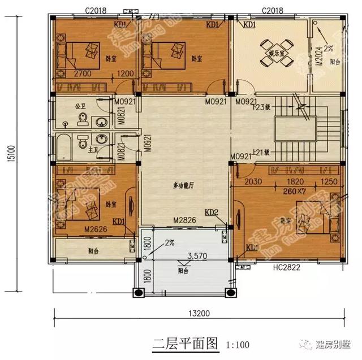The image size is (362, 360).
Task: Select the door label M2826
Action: click(x=183, y=220)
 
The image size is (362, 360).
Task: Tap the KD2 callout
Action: click(x=212, y=213)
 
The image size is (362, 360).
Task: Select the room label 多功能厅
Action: click(x=184, y=186)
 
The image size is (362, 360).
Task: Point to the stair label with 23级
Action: click(x=260, y=106)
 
